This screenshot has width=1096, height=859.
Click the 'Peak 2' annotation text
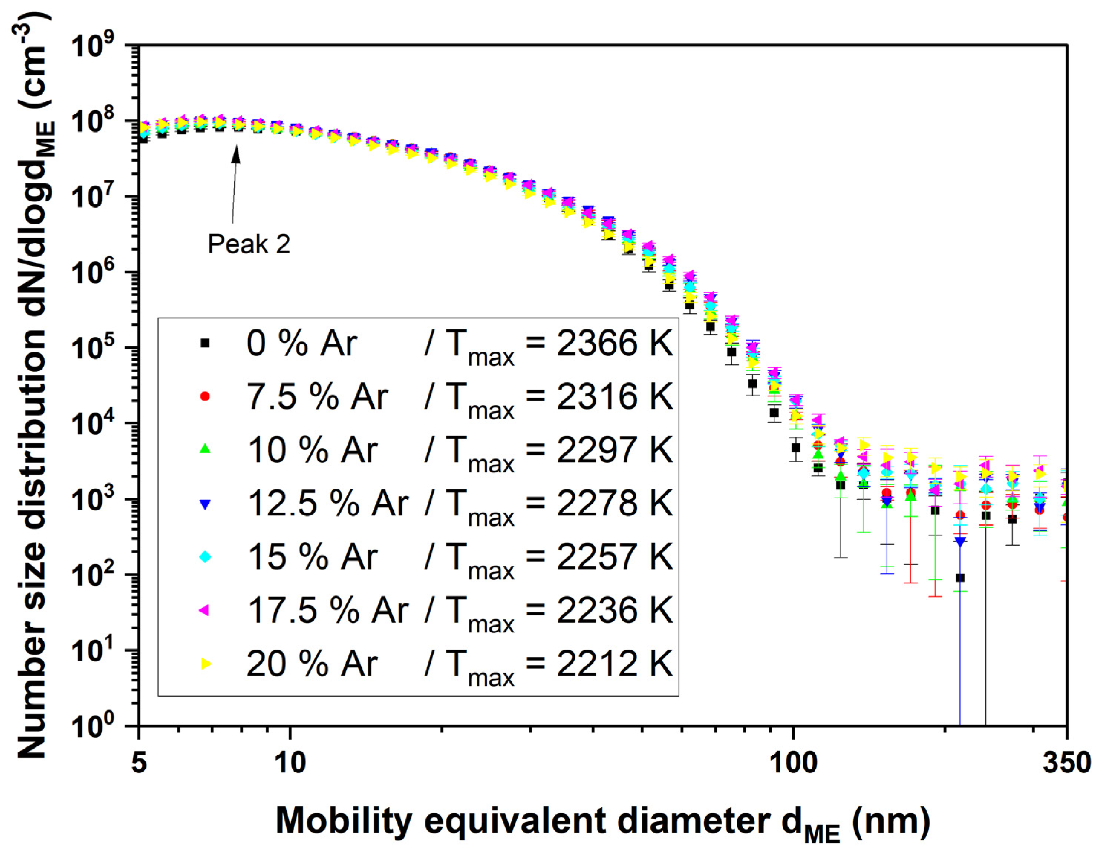[x=249, y=244]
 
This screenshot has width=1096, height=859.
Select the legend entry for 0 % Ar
[x=301, y=344]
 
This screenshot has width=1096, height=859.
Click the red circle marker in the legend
[x=205, y=396]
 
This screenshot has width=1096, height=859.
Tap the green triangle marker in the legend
[x=205, y=449]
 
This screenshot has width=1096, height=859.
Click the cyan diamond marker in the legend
[x=205, y=557]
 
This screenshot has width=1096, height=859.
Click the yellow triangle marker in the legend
[x=205, y=664]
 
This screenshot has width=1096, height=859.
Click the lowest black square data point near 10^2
[x=960, y=578]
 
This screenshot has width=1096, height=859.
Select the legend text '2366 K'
[x=614, y=344]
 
